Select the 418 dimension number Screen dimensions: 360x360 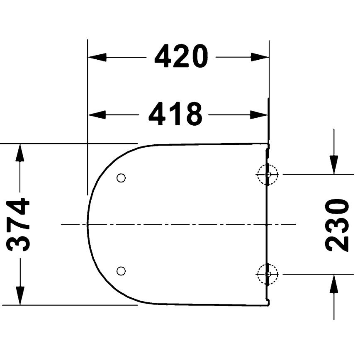point(175,114)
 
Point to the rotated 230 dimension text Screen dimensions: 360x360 point(337,225)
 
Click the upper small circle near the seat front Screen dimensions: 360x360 point(121,178)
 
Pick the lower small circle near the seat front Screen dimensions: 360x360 point(121,271)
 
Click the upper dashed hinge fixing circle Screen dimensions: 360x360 point(268,175)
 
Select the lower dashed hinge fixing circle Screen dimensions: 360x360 point(268,274)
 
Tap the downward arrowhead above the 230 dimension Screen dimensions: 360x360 point(334,165)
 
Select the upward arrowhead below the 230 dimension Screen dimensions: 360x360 point(334,284)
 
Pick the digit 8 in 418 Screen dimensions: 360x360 point(193,114)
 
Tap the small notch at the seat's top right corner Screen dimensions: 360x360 point(268,146)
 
